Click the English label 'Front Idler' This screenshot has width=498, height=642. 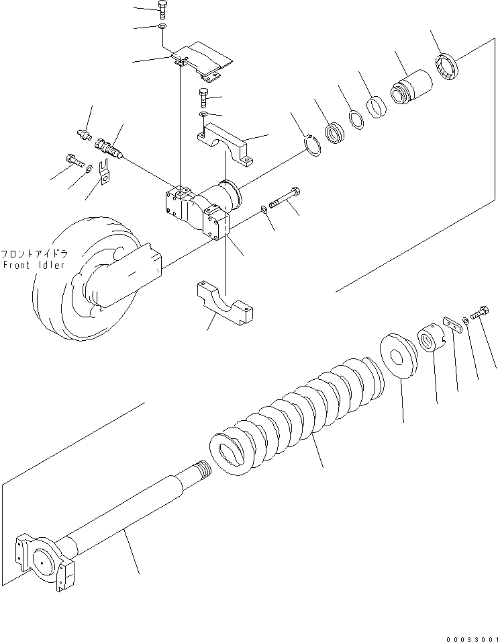tap(33, 265)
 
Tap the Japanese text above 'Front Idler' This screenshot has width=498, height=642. tap(34, 255)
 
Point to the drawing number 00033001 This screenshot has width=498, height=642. tap(470, 636)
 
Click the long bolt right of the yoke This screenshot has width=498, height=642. tap(285, 199)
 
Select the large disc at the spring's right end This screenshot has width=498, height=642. tap(399, 354)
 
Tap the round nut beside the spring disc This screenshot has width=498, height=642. tap(430, 339)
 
